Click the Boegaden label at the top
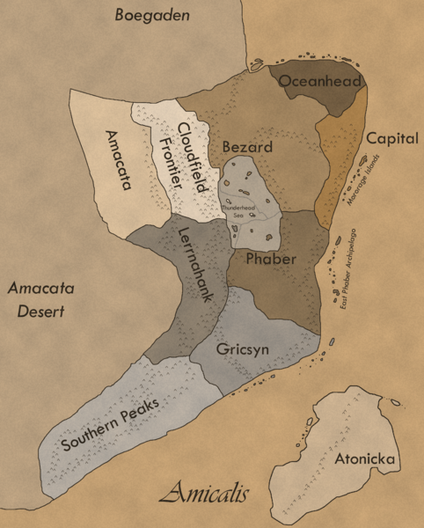[x=155, y=16]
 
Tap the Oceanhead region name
[x=316, y=82]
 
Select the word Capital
[x=391, y=139]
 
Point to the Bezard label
[x=247, y=147]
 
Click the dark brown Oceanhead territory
[x=339, y=97]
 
